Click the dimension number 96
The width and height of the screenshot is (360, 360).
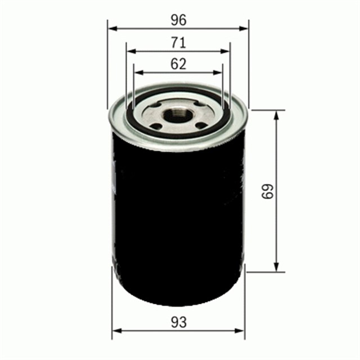click(178, 20)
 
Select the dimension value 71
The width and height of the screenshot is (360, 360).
click(178, 43)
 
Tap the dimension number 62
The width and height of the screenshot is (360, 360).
click(178, 64)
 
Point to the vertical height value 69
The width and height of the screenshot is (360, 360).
click(268, 191)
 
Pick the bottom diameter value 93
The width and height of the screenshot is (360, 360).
click(178, 322)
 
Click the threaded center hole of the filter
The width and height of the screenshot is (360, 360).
click(179, 115)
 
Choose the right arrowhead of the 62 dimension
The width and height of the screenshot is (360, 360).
click(220, 72)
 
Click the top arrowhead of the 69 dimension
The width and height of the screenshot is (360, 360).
click(276, 114)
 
